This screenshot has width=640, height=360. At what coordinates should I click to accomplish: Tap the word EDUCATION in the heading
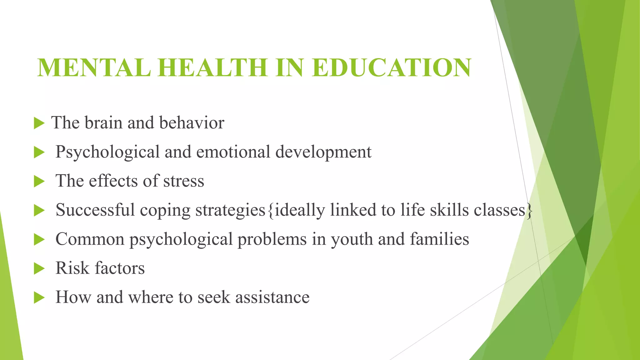(391, 68)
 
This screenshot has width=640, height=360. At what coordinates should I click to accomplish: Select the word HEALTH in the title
(212, 68)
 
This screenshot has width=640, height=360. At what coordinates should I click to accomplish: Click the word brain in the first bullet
(103, 122)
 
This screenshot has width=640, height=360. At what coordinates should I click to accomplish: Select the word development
(323, 152)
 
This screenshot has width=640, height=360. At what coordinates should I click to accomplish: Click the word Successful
(95, 210)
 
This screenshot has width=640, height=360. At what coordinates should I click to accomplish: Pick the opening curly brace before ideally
(270, 210)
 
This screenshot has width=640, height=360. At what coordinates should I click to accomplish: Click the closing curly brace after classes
(529, 210)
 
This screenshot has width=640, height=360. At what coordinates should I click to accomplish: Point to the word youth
(352, 239)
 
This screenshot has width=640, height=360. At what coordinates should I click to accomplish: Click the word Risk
(72, 268)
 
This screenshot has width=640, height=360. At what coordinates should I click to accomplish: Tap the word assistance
(272, 297)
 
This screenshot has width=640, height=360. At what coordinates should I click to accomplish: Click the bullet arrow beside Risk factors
(39, 268)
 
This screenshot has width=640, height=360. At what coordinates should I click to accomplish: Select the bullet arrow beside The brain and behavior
(39, 123)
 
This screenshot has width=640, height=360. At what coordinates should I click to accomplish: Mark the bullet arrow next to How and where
(39, 297)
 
